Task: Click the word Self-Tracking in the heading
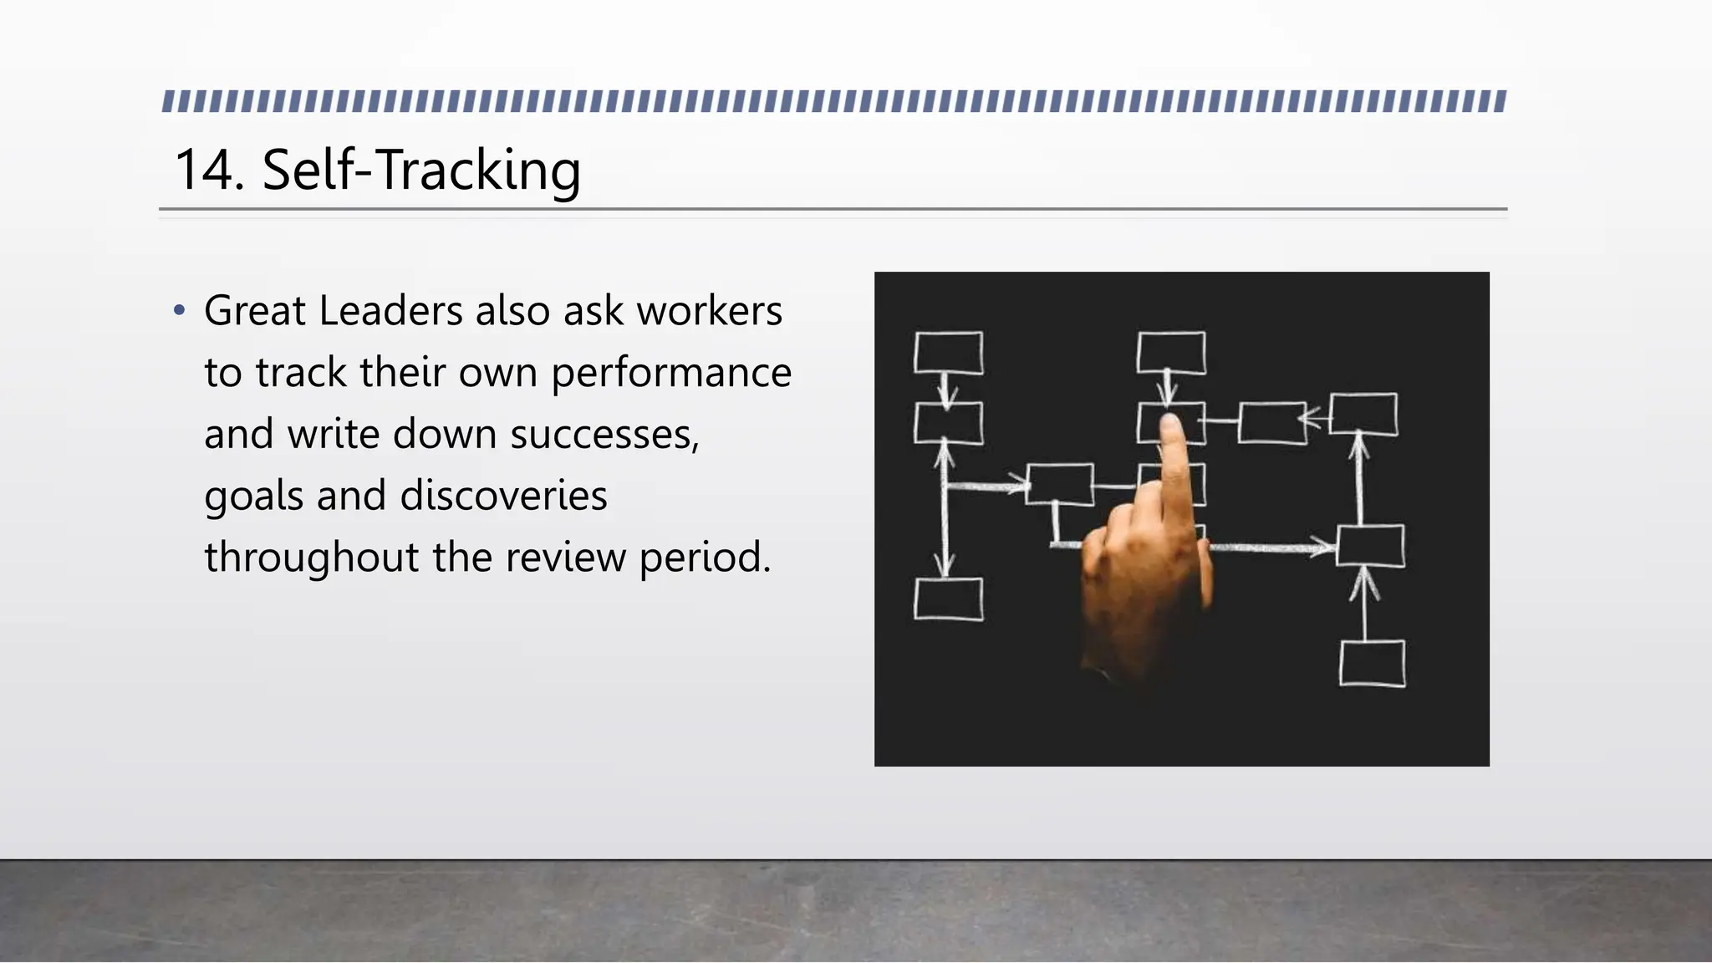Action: coord(421,170)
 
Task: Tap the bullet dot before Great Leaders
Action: coord(178,311)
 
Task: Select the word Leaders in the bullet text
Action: coord(390,311)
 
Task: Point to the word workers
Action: coord(709,311)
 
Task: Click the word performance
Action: coord(670,373)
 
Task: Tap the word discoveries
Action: coord(503,496)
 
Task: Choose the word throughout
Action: coord(311,558)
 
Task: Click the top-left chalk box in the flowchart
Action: coord(948,353)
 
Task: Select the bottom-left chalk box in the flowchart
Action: coord(948,599)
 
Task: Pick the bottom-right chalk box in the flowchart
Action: coord(1372,664)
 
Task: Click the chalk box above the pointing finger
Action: coord(1171,352)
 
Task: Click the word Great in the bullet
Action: coord(254,311)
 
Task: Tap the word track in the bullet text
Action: coord(301,373)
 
